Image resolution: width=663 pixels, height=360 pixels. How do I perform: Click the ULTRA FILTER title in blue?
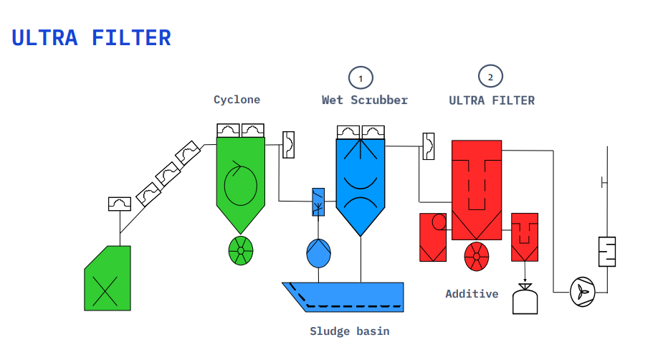coord(91,38)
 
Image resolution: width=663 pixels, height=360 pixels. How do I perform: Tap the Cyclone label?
coord(237,100)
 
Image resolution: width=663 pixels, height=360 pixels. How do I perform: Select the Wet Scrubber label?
coord(365,100)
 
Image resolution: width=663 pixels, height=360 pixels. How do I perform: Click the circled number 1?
coord(361,78)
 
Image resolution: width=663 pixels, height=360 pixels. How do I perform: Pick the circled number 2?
coord(490,77)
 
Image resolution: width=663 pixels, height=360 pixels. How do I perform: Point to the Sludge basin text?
coord(350,331)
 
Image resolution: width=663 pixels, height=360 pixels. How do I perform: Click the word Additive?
coord(472,293)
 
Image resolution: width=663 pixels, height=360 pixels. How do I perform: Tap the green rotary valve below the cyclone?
coord(241,250)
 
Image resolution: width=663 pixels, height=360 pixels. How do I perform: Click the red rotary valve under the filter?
coord(477,256)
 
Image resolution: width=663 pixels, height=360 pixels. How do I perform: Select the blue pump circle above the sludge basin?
coord(318,253)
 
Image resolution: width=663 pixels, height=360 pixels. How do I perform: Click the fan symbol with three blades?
coord(583,292)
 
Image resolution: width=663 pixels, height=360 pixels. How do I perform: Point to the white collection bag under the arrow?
coord(525,300)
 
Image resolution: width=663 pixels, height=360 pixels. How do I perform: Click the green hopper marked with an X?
coord(108,278)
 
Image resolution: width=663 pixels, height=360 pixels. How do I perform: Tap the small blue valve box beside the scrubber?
coord(318,202)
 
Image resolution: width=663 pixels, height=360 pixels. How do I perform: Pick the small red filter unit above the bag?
coord(525,237)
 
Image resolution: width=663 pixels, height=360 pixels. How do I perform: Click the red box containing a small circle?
coord(433,237)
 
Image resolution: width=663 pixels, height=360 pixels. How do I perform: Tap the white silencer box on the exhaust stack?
coord(607,252)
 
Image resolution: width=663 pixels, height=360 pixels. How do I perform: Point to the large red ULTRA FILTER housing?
coord(477,190)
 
